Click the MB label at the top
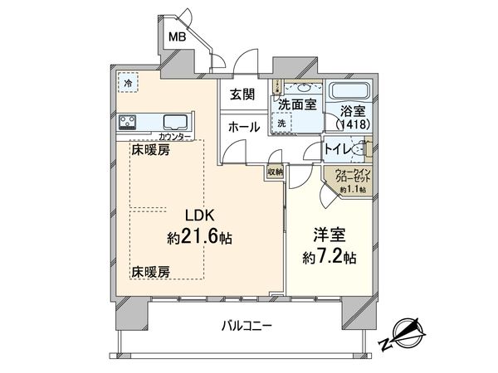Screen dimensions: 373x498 [x=178, y=36]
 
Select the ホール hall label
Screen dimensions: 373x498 [x=241, y=128]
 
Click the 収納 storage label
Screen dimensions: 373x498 [x=276, y=171]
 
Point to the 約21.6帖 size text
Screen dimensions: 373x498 [x=199, y=237]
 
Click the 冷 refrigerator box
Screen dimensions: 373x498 [x=128, y=85]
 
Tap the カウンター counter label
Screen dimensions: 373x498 [x=174, y=135]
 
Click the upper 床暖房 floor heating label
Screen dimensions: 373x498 [x=150, y=150]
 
